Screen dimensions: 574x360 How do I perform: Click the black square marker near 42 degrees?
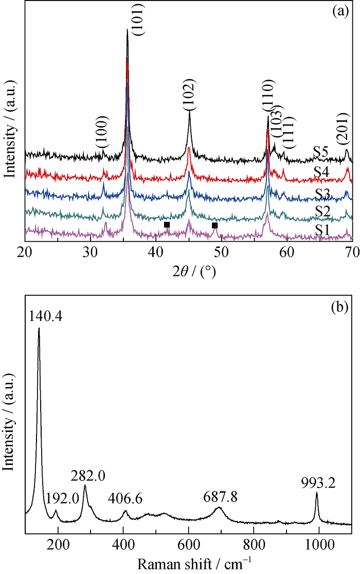[x=167, y=225]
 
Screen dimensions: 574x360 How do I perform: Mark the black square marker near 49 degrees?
[x=215, y=225]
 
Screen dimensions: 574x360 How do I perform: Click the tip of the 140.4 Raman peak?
[x=39, y=328]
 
